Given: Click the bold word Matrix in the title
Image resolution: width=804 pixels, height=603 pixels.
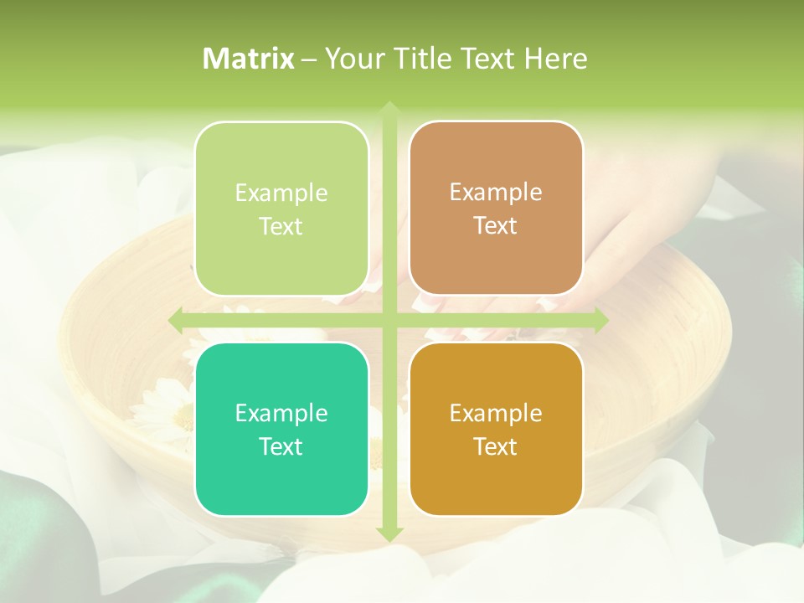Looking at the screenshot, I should [x=249, y=59].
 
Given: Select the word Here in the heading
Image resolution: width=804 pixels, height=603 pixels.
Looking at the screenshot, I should [x=556, y=59].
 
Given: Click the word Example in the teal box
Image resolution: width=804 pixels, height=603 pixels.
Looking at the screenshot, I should [x=281, y=413].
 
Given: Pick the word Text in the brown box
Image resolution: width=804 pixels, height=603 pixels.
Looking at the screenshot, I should [x=496, y=226].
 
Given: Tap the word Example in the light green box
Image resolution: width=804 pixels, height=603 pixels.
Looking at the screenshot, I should [x=281, y=193].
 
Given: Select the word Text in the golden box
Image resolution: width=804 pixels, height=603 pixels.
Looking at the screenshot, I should [x=496, y=446].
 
